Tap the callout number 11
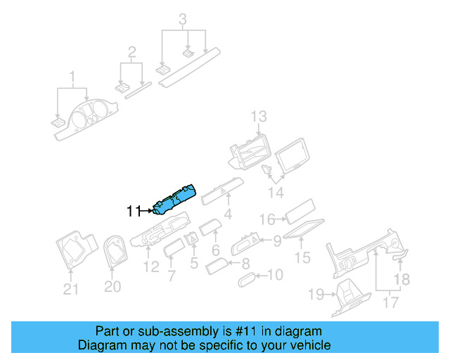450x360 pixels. click(134, 210)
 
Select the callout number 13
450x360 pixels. click(259, 116)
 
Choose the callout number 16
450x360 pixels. click(266, 220)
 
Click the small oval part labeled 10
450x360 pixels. click(248, 279)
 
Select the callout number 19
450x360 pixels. click(316, 294)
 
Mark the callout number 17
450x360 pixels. click(390, 303)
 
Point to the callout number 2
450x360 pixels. click(131, 51)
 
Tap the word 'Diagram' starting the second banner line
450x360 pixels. click(98, 346)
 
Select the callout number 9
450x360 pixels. click(277, 241)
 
